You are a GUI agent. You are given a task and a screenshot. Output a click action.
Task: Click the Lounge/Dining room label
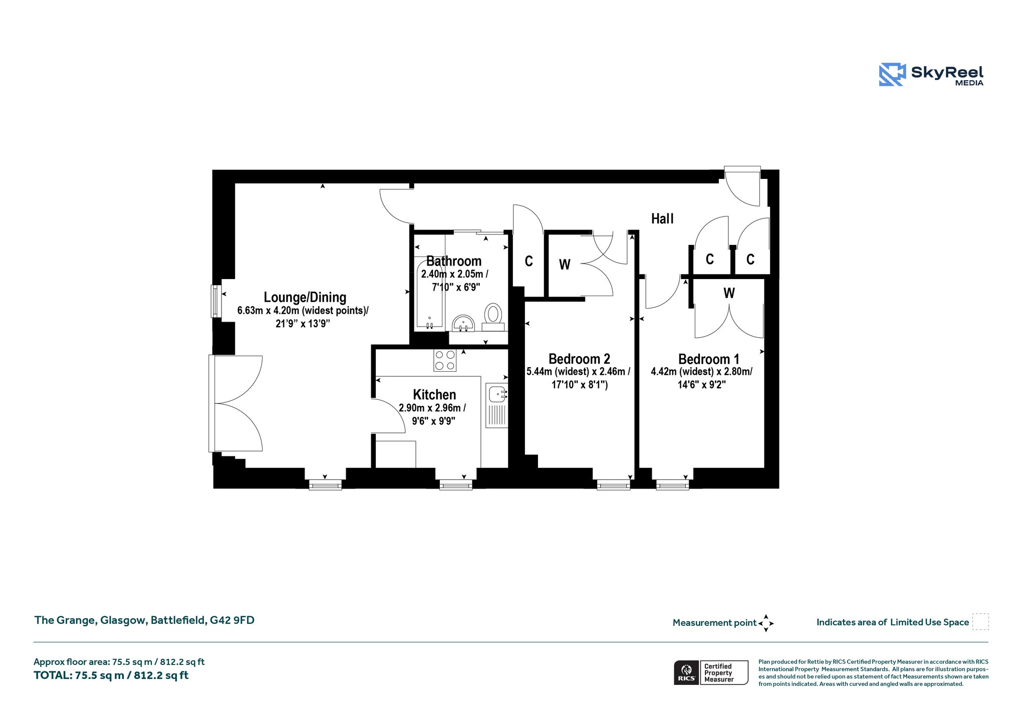pos(305,298)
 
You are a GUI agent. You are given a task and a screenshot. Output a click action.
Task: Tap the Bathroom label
pos(454,261)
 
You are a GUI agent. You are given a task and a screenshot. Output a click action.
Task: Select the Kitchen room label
pos(434,394)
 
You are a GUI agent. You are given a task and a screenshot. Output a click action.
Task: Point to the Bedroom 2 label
pos(579,359)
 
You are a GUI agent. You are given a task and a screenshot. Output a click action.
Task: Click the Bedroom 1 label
pos(708,359)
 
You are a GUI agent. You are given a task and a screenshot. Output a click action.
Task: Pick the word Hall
pos(662,218)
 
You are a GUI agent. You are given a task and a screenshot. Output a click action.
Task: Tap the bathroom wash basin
pos(463,323)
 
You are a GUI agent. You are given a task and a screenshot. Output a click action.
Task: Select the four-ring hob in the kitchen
pos(445,360)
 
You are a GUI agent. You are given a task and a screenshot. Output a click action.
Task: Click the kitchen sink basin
pos(497,393)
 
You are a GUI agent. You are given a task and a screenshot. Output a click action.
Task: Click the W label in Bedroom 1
pos(729,293)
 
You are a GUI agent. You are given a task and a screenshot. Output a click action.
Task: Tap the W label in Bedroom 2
pos(565,265)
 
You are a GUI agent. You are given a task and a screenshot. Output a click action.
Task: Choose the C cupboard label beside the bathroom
pos(529,261)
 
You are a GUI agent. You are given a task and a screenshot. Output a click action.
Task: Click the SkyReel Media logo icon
pos(892,75)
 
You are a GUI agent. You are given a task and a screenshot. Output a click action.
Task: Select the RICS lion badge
pos(686,672)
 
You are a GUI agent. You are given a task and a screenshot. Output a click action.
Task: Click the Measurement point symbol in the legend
pos(765,623)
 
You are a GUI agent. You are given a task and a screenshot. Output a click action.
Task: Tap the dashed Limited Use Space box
pos(980,621)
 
